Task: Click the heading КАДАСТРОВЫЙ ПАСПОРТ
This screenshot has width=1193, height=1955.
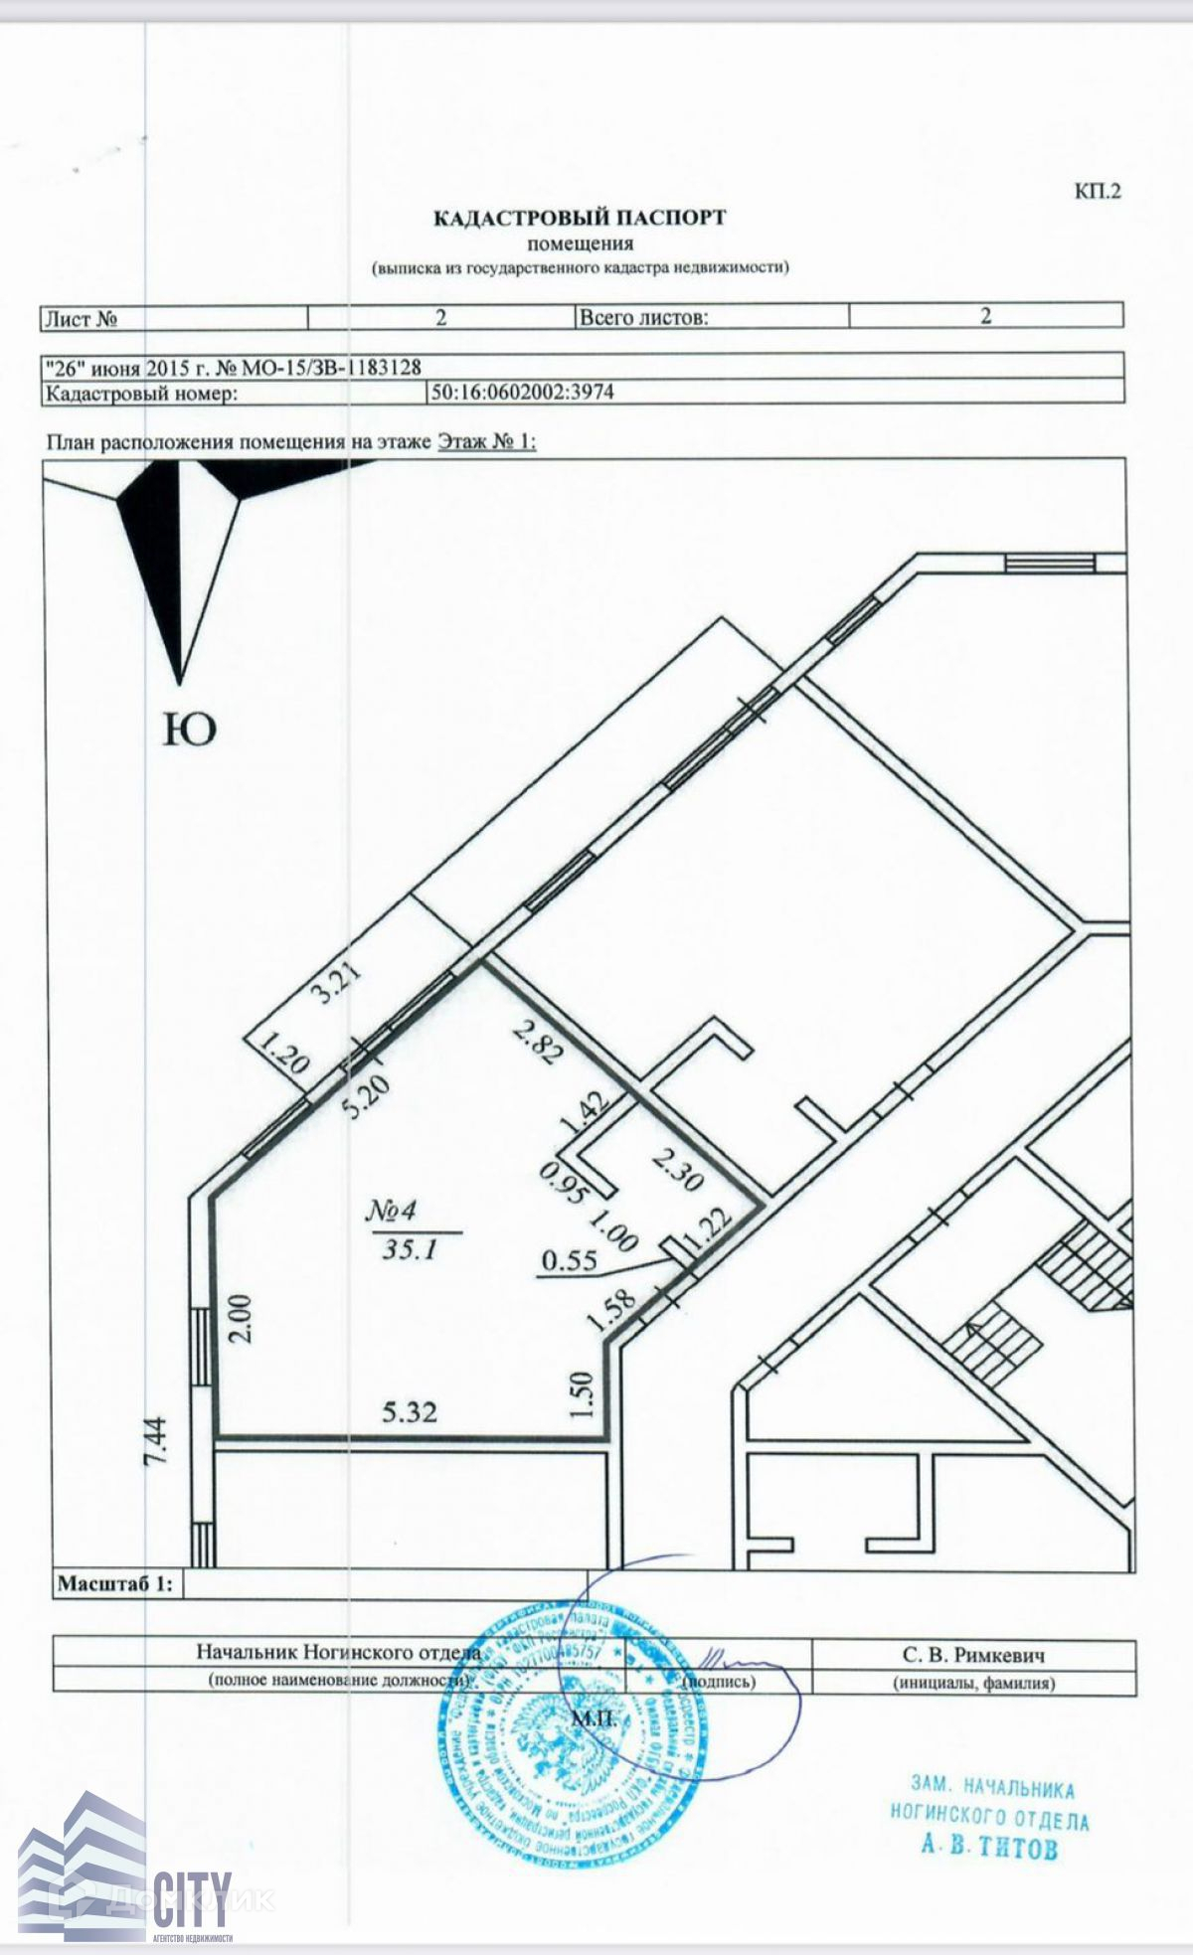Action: pyautogui.click(x=580, y=218)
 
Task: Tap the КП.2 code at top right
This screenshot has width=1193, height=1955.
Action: pyautogui.click(x=1097, y=191)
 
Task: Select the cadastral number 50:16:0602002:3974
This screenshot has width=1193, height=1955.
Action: pyautogui.click(x=522, y=393)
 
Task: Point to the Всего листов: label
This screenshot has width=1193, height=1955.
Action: pyautogui.click(x=644, y=318)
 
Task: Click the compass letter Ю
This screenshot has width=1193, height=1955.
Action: pyautogui.click(x=189, y=731)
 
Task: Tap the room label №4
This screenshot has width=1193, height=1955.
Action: pyautogui.click(x=396, y=1212)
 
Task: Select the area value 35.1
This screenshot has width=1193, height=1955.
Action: pyautogui.click(x=410, y=1249)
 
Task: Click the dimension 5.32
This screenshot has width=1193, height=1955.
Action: pyautogui.click(x=409, y=1411)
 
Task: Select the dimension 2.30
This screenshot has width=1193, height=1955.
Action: pyautogui.click(x=678, y=1167)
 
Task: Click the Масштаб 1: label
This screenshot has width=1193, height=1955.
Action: pyautogui.click(x=115, y=1583)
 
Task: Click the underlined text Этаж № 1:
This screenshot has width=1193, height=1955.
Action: pyautogui.click(x=487, y=442)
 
